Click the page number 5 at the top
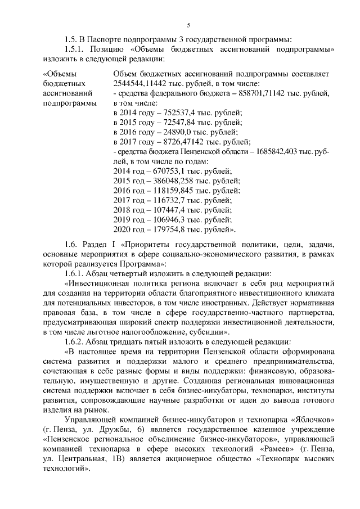(x=188, y=24)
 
